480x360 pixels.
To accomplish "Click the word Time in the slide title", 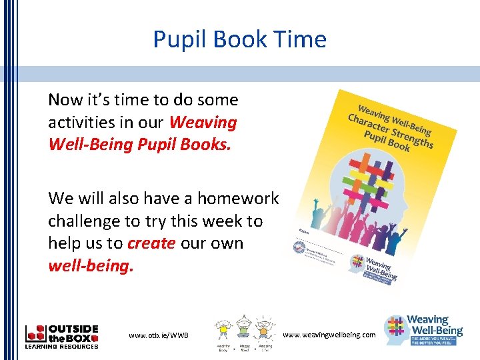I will [x=299, y=39].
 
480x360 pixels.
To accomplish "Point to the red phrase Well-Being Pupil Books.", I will [x=139, y=145].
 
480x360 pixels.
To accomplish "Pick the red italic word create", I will [x=151, y=243].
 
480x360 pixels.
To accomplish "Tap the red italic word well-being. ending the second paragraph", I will [x=91, y=266].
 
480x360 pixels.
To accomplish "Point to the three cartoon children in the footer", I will [x=244, y=333].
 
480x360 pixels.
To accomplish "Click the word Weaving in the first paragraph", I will [x=203, y=123].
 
